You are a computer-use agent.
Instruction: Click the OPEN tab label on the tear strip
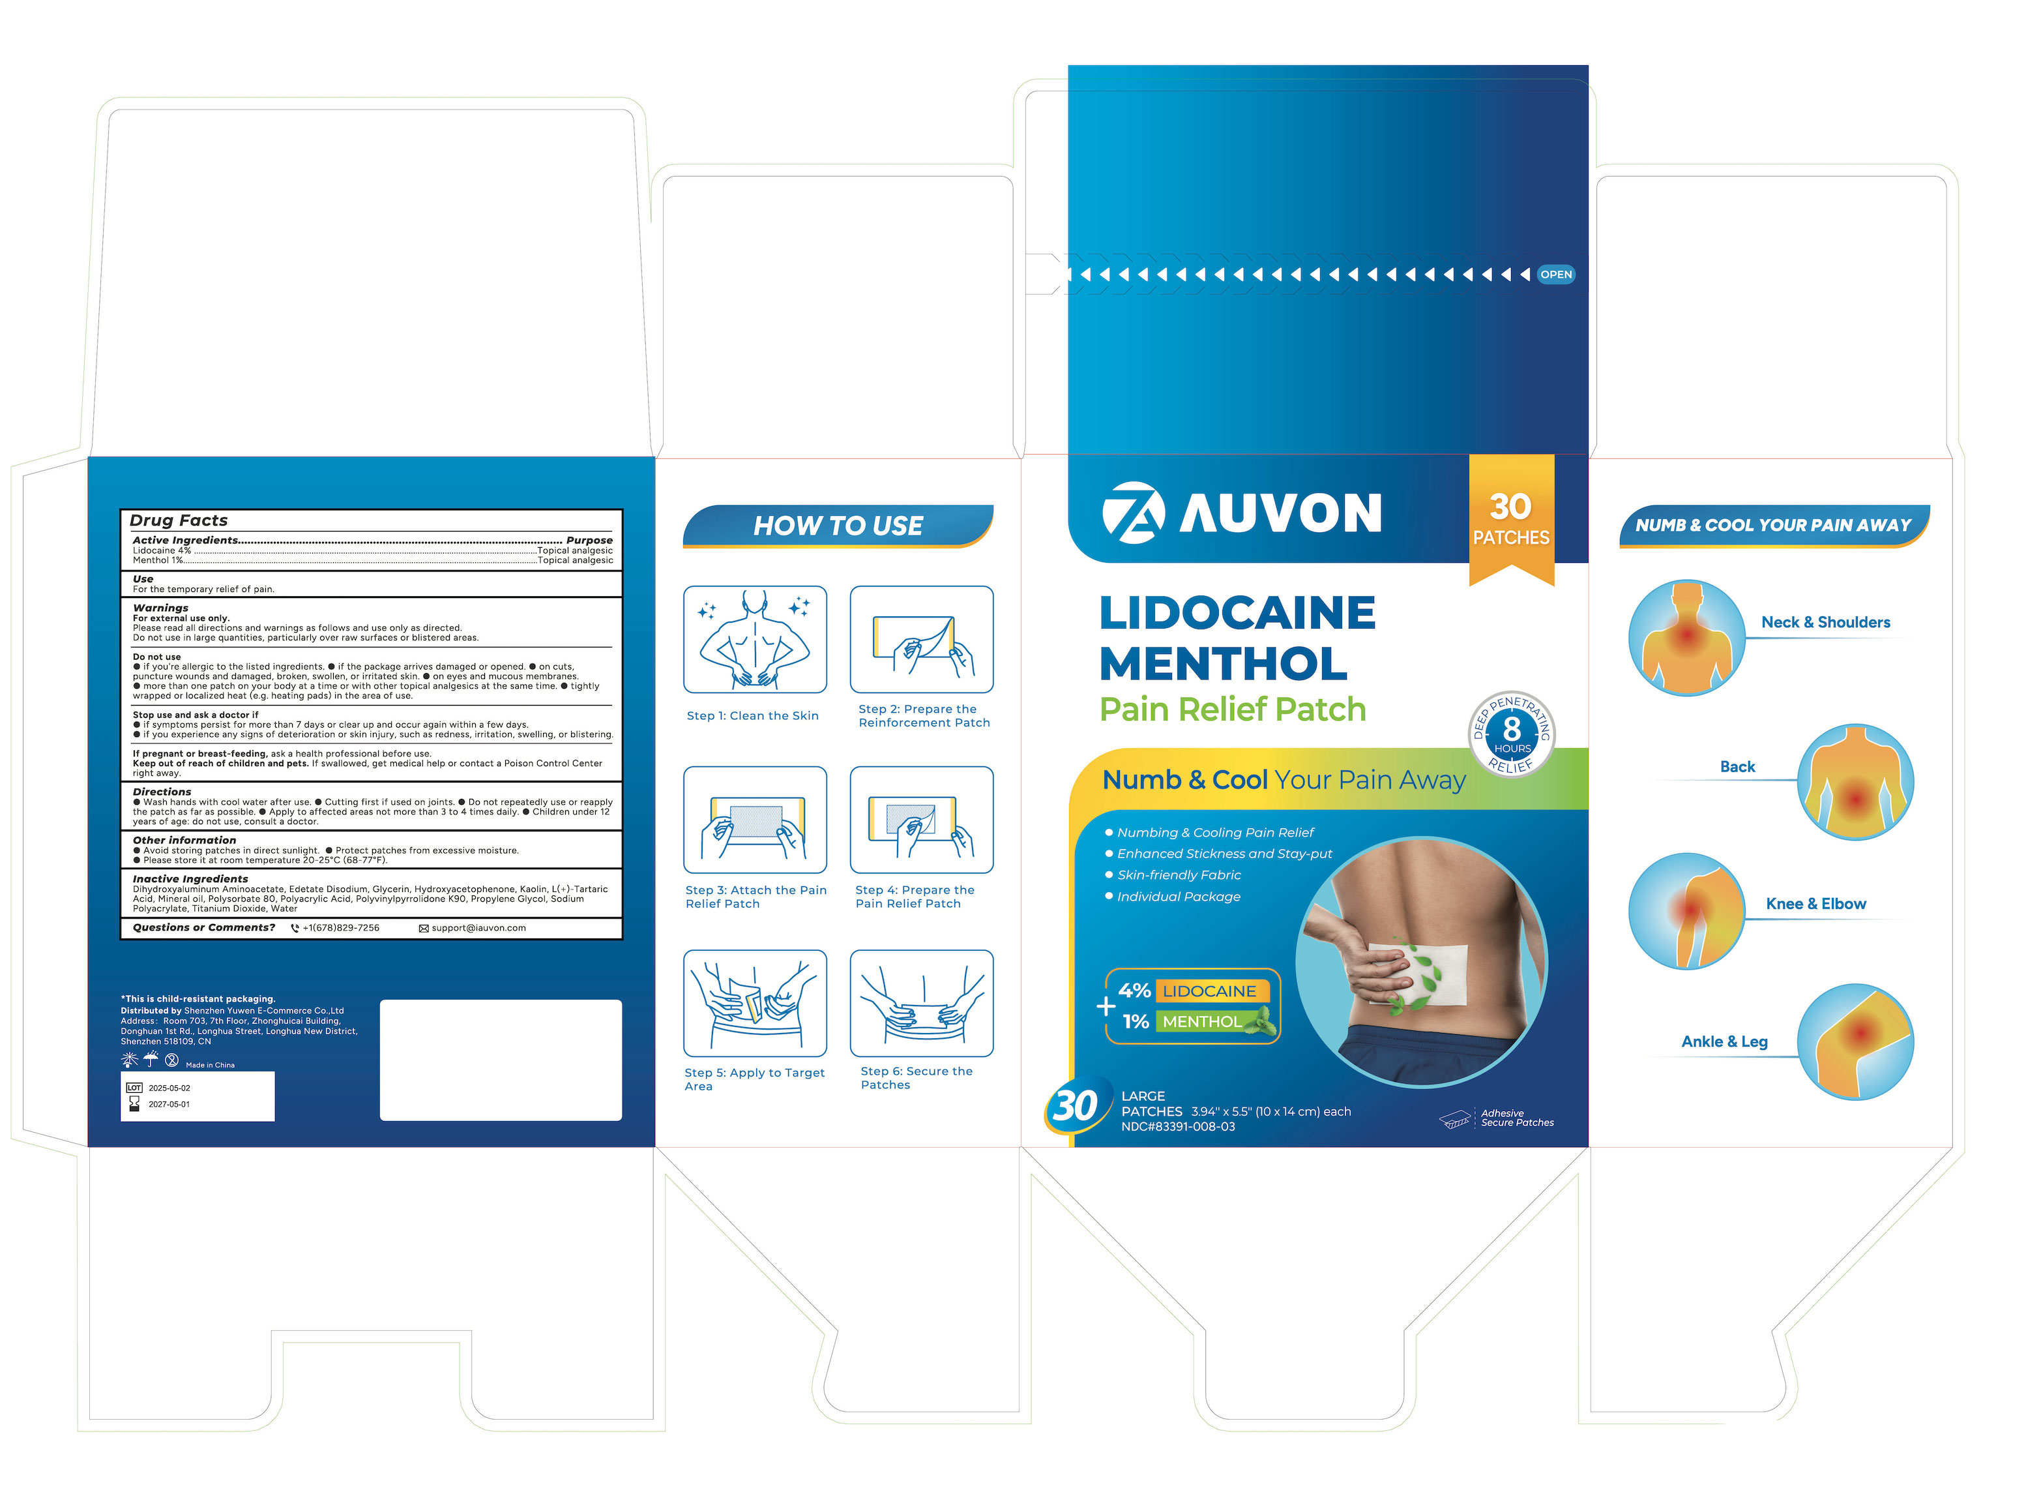click(x=1555, y=274)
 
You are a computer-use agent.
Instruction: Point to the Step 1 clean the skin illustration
click(x=756, y=640)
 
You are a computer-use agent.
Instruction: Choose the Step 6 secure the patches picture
click(x=922, y=1003)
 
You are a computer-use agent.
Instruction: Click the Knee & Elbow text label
click(x=1815, y=903)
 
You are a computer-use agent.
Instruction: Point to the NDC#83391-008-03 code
click(x=1178, y=1126)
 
